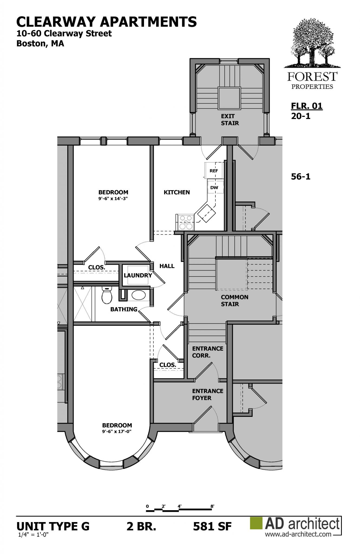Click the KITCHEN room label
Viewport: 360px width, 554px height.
177,192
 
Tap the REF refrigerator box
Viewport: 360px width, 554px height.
214,171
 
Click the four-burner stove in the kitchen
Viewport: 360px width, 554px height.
185,222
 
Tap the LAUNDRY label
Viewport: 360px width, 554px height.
138,275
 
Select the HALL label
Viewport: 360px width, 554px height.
167,266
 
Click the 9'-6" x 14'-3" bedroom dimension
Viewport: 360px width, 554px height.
113,199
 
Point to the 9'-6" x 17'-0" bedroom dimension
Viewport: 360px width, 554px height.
117,431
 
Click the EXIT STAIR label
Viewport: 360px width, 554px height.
230,120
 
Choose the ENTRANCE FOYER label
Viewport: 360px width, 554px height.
208,394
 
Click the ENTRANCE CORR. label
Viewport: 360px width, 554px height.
208,352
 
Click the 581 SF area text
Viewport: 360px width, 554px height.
212,526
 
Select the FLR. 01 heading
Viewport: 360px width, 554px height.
307,106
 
